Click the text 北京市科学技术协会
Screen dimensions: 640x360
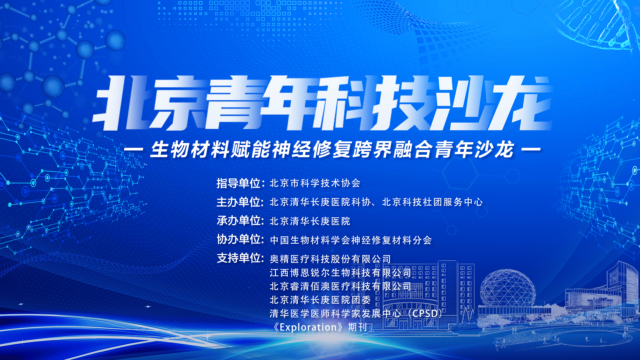(315, 183)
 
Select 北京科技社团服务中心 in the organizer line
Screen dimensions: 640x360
(432, 202)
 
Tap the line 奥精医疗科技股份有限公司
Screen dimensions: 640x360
(330, 259)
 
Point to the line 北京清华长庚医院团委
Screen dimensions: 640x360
(320, 300)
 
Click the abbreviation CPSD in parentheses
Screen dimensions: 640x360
(425, 314)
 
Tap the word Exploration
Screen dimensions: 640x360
(308, 327)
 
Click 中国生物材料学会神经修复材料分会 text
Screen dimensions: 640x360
(351, 240)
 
